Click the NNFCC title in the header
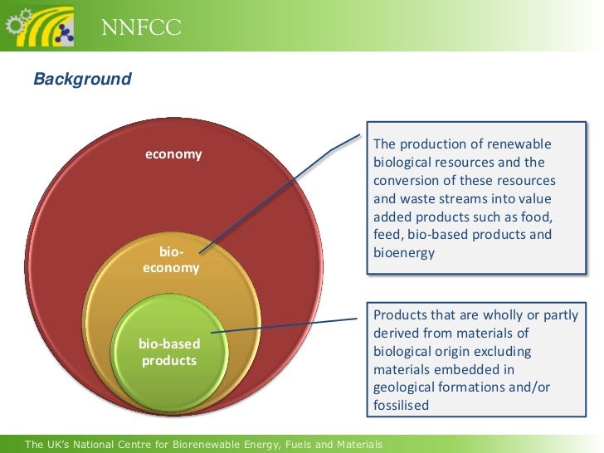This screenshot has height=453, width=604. pyautogui.click(x=141, y=31)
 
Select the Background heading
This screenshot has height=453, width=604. pyautogui.click(x=82, y=80)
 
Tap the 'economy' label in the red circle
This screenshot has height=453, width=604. pyautogui.click(x=173, y=154)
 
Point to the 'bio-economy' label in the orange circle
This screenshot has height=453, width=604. pyautogui.click(x=171, y=260)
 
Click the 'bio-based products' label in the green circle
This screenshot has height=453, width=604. pyautogui.click(x=168, y=352)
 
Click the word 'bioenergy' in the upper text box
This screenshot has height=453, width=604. pyautogui.click(x=404, y=253)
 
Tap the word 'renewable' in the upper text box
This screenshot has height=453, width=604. pyautogui.click(x=521, y=144)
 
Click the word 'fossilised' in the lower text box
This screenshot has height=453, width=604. pyautogui.click(x=402, y=406)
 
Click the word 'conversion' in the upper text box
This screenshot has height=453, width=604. pyautogui.click(x=406, y=181)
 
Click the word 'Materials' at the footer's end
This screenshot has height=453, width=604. pyautogui.click(x=355, y=446)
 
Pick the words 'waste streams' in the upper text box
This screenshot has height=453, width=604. pyautogui.click(x=440, y=199)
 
